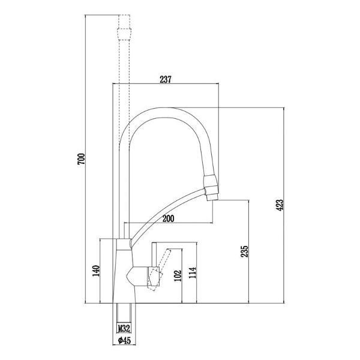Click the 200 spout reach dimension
168,220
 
